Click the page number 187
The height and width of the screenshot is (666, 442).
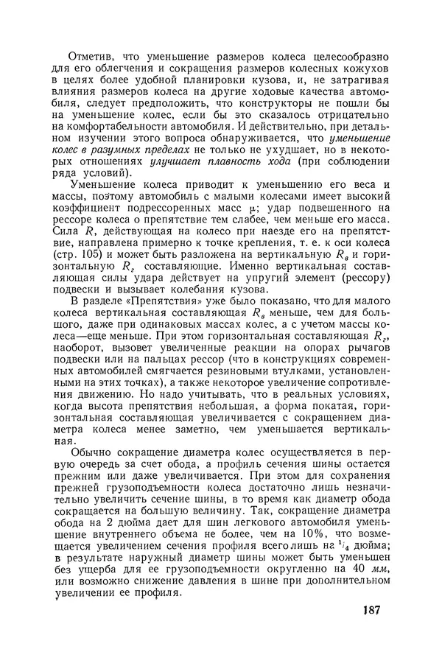point(375,630)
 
